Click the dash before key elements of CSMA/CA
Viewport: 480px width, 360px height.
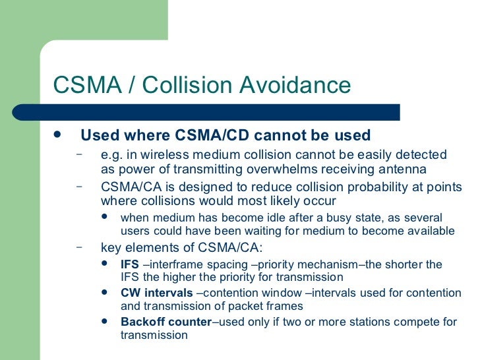[x=79, y=247]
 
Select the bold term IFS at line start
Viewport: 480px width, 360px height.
[x=130, y=264]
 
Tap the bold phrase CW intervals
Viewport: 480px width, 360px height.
[x=156, y=293]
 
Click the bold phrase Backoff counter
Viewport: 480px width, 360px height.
[x=166, y=322]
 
